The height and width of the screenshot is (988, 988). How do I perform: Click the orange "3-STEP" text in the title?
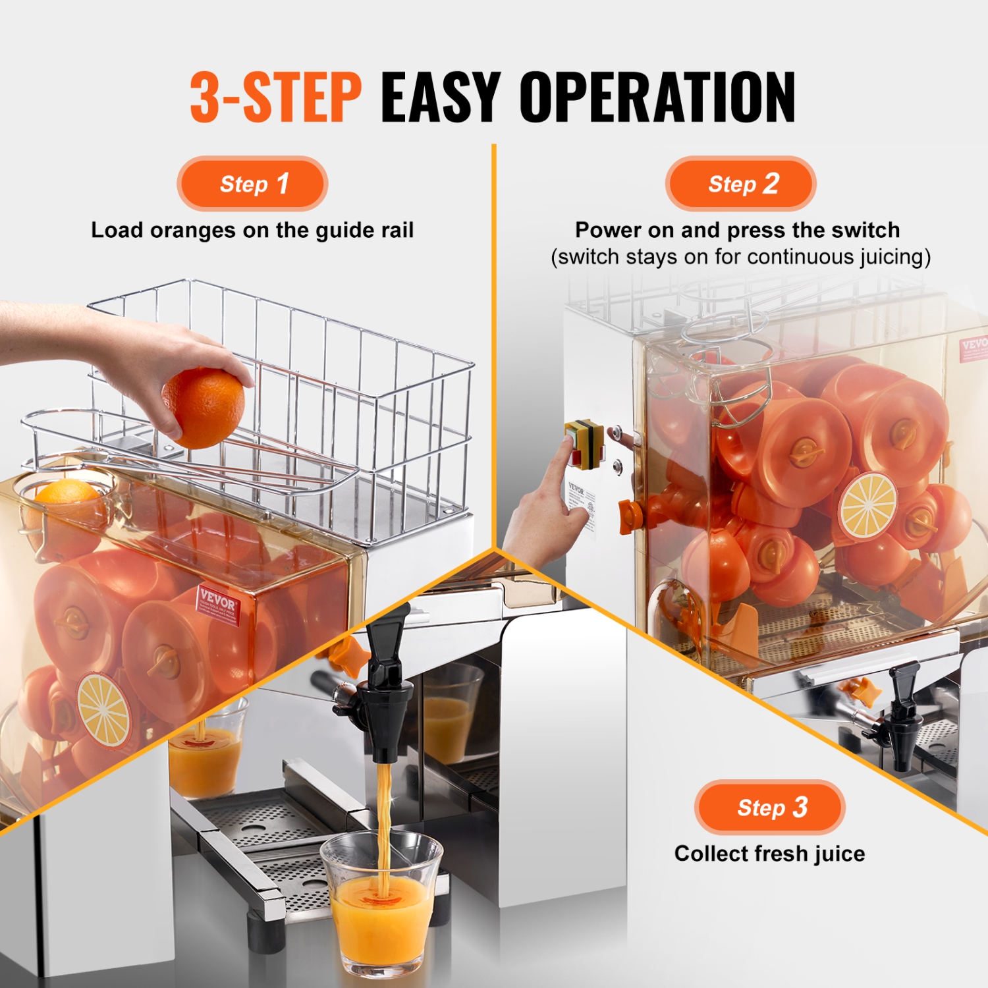pos(276,97)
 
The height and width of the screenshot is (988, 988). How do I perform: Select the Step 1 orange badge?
pos(252,184)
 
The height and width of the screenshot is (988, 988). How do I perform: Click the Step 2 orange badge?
pos(741,184)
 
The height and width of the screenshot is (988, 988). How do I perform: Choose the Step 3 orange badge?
pos(769,808)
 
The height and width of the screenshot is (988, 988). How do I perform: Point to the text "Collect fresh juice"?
pos(769,854)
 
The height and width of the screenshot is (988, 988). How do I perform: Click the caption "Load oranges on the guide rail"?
pos(252,231)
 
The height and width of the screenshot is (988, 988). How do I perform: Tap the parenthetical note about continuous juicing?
pos(740,257)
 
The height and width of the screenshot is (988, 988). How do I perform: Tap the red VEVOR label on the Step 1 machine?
pos(218,605)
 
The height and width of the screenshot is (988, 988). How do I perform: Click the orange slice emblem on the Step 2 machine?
pos(868,506)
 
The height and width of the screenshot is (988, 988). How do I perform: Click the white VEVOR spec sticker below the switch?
pos(582,504)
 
